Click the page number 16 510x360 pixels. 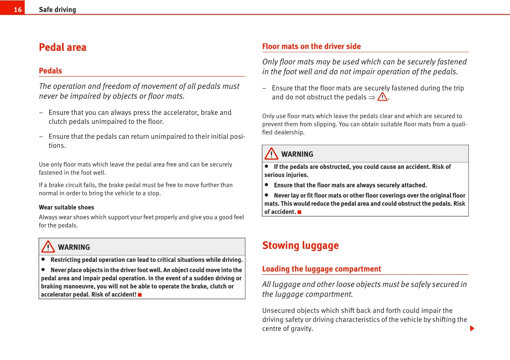pos(18,9)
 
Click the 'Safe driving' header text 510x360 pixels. pos(57,9)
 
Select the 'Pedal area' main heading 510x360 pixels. pos(63,47)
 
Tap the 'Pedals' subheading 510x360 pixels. pos(51,71)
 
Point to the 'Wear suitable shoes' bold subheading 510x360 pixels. pos(66,207)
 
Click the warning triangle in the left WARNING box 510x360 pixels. pos(48,247)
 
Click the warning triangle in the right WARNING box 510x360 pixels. pos(271,153)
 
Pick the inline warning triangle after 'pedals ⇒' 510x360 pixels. pos(382,97)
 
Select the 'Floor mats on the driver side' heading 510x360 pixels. pos(311,46)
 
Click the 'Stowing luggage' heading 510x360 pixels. pos(300,246)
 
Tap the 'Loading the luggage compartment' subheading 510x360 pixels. pos(322,269)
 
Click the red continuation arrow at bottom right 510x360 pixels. pos(472,329)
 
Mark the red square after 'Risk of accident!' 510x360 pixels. pos(140,295)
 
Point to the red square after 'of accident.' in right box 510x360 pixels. pos(299,212)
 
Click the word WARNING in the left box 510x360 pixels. pos(74,247)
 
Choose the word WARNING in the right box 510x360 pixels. pos(297,154)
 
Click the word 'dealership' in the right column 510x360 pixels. pos(290,132)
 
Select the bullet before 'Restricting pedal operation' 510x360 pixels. pos(43,259)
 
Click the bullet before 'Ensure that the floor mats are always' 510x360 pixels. pos(266,185)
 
